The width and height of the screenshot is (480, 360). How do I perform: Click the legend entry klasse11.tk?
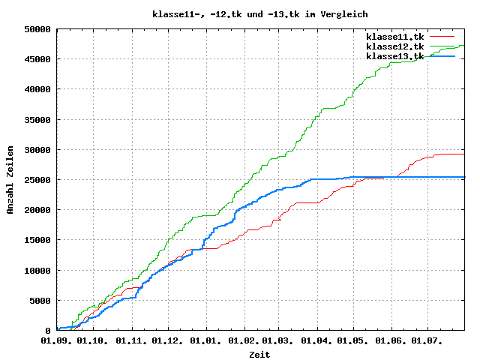pos(394,36)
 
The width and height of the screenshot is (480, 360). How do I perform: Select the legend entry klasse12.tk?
pos(394,46)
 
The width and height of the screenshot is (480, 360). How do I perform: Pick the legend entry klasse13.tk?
pos(394,56)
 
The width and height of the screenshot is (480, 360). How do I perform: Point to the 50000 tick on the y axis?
pos(37,29)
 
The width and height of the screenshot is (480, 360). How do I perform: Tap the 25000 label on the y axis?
pos(37,180)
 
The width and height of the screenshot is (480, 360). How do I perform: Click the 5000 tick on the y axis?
pos(40,301)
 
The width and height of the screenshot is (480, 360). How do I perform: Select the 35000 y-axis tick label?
pos(37,119)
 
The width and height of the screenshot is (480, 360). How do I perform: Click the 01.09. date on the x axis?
pos(57,340)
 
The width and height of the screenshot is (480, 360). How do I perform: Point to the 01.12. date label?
pos(168,340)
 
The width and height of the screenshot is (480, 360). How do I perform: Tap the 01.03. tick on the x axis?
pos(278,340)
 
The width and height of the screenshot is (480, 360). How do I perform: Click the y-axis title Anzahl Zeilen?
pos(10,180)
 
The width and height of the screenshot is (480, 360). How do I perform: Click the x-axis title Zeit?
pos(259,354)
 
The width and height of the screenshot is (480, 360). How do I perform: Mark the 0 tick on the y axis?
pos(49,331)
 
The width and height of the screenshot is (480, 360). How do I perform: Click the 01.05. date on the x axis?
pos(353,340)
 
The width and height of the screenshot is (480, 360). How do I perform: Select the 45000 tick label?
pos(37,59)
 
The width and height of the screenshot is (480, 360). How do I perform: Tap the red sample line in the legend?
pos(442,36)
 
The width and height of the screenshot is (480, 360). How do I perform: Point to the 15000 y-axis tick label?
pos(37,240)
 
